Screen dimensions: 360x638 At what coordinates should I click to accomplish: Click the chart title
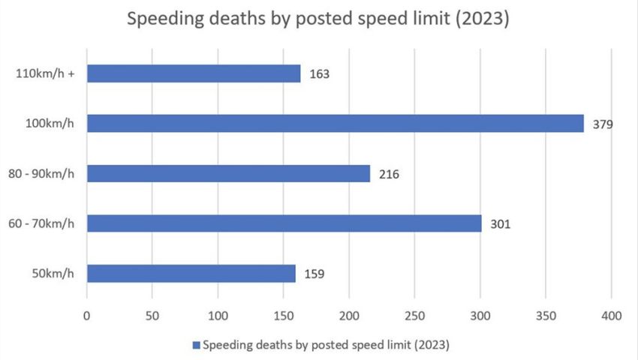318,19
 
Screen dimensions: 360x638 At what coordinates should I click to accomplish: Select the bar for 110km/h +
194,73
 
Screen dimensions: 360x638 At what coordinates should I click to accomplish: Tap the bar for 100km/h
336,123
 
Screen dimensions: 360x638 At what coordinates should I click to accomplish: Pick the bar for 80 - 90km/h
229,173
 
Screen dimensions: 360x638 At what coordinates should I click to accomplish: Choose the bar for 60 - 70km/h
284,223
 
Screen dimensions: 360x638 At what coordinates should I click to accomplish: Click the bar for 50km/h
191,273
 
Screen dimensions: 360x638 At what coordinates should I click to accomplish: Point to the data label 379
603,124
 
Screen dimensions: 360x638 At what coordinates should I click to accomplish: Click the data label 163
319,74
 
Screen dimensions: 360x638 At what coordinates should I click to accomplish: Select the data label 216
389,174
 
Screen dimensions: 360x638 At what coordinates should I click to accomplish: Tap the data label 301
500,223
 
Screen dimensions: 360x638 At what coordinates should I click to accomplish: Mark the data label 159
315,274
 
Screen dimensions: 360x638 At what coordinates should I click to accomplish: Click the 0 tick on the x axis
87,316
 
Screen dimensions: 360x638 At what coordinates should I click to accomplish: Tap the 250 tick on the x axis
415,316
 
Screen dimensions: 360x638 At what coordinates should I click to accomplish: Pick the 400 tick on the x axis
612,316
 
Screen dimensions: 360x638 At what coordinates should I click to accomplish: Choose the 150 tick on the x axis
284,316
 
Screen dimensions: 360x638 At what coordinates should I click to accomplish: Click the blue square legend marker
197,346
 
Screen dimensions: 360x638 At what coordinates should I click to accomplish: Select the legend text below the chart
327,346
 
